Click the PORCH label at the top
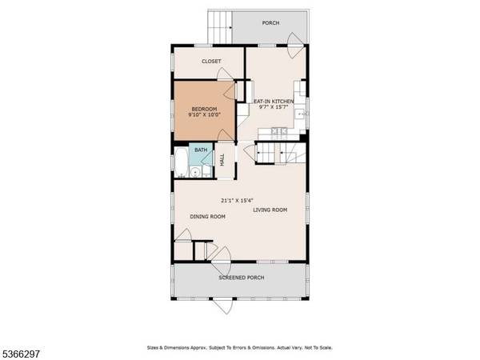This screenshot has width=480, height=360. point(271,23)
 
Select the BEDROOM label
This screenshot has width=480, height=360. point(203,108)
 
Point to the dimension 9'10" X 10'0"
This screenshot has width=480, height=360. point(203,115)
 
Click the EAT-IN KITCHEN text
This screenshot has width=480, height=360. point(274,101)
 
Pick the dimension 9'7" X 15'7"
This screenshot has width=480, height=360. point(274,107)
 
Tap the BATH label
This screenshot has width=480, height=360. point(201,150)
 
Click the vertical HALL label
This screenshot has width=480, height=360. point(222,160)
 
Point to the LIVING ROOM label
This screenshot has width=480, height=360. point(270,210)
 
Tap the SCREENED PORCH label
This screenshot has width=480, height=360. point(242,278)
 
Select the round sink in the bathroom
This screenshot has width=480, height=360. point(206,169)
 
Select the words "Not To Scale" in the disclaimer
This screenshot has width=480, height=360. point(317,348)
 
